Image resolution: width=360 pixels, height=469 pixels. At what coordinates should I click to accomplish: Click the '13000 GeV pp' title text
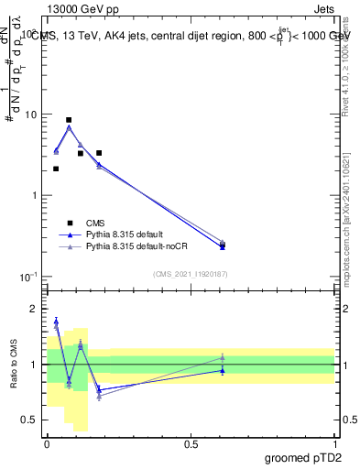(79, 7)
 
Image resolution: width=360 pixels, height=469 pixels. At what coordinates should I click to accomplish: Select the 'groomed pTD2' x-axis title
(303, 458)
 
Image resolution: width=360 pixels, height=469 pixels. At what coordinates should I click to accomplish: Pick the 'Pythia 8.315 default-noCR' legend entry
(136, 246)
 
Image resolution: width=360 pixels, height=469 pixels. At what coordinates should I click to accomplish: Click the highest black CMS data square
(69, 120)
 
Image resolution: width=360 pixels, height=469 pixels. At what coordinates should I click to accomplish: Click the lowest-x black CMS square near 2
(56, 169)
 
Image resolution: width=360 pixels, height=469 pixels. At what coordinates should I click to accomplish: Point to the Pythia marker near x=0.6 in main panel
(223, 245)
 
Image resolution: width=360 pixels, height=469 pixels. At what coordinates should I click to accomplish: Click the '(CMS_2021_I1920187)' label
(191, 274)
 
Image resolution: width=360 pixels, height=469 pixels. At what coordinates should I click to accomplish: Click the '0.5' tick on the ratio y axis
(31, 420)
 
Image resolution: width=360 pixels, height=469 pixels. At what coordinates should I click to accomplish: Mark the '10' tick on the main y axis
(31, 115)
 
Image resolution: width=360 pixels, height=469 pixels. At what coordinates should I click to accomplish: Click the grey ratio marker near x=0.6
(223, 357)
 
